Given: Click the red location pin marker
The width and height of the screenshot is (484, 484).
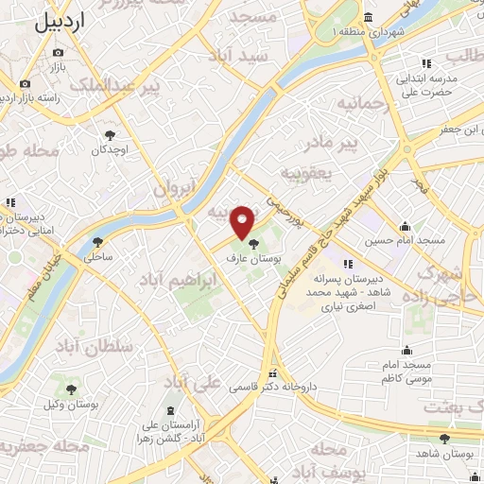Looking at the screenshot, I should pyautogui.click(x=243, y=221).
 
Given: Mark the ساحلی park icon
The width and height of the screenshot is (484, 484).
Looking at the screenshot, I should pyautogui.click(x=98, y=242).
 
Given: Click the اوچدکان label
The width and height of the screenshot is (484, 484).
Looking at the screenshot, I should pyautogui.click(x=110, y=150).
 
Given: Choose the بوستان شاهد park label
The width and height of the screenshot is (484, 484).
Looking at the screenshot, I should pyautogui.click(x=450, y=455).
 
